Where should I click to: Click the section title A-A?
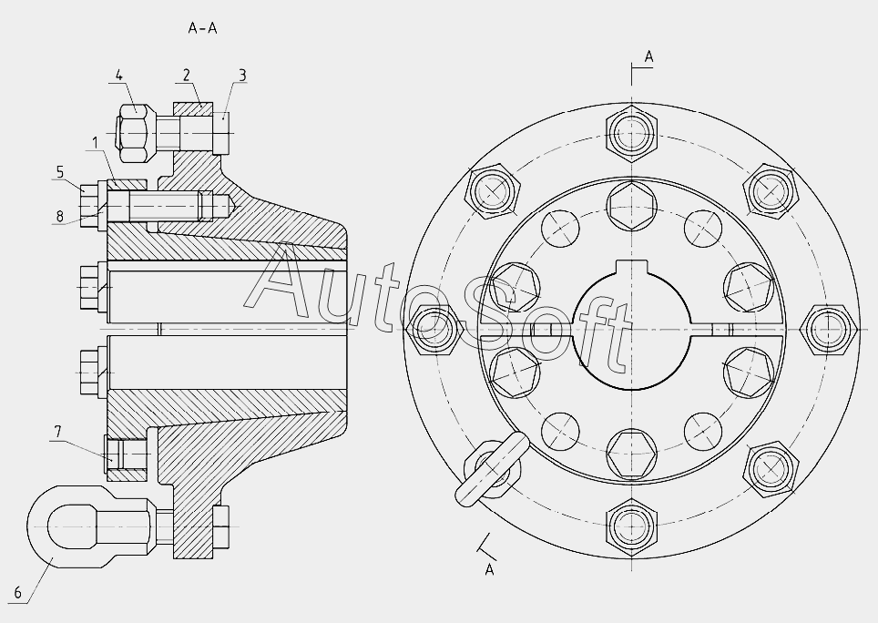pyautogui.click(x=202, y=28)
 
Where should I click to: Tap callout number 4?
pyautogui.click(x=118, y=75)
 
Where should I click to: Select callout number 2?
pyautogui.click(x=187, y=75)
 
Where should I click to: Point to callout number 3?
pyautogui.click(x=242, y=75)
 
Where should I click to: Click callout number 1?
pyautogui.click(x=96, y=143)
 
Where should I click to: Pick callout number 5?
pyautogui.click(x=60, y=172)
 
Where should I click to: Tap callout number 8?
pyautogui.click(x=60, y=216)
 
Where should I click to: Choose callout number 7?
pyautogui.click(x=57, y=432)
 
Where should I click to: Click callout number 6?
pyautogui.click(x=18, y=593)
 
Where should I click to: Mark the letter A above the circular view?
pyautogui.click(x=649, y=56)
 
